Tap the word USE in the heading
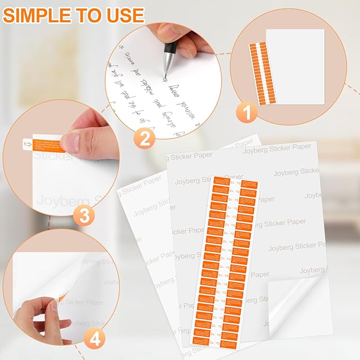pyautogui.click(x=124, y=15)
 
